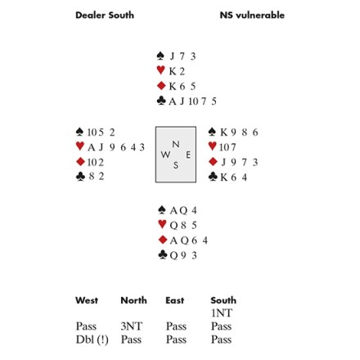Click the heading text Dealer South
pos(105,16)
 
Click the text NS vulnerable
pos(252,16)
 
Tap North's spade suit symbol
pos(160,56)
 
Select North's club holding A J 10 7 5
pos(192,101)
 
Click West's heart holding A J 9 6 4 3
pos(116,147)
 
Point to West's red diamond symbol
pos(80,162)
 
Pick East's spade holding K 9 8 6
pos(239,133)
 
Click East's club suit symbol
pos(213,177)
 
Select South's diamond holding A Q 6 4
pos(188,241)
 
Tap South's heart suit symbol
pos(162,224)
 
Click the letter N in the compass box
pos(176,144)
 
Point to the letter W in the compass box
pos(165,155)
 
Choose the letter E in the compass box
pos(188,155)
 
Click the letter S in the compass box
pos(176,165)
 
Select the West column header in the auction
pos(87,300)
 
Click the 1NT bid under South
pos(222,313)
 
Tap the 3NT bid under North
pos(132,326)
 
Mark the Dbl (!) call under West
pos(92,340)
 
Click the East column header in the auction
pos(175,300)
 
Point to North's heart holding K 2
pos(177,71)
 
